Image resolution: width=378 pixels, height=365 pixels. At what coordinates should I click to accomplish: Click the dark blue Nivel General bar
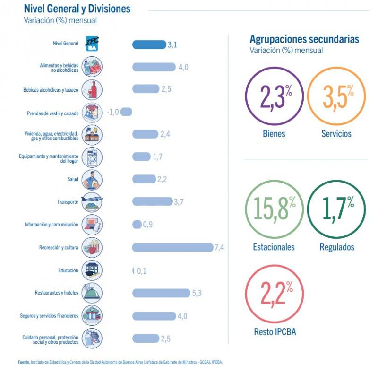[x=149, y=45]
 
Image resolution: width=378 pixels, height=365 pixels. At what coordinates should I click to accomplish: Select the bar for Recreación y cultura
[x=172, y=247]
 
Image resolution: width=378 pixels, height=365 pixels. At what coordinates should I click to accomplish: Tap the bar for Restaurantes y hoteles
[x=161, y=293]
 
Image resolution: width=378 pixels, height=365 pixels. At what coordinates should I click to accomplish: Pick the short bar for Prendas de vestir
[x=127, y=112]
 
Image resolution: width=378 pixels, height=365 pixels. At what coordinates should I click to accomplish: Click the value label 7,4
[x=219, y=247]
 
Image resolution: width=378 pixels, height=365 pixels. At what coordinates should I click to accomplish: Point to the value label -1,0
[x=112, y=112]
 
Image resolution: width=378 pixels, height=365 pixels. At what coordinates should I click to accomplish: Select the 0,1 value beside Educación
[x=142, y=270]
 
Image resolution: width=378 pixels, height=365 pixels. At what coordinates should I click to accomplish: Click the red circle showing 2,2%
[x=275, y=296]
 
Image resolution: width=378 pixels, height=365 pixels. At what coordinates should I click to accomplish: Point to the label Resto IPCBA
[x=275, y=332]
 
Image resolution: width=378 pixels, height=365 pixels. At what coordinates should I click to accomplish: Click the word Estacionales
[x=274, y=247]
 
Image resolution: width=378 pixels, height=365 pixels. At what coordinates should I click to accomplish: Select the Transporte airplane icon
[x=91, y=201]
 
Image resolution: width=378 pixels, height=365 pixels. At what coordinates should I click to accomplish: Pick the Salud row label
[x=73, y=180]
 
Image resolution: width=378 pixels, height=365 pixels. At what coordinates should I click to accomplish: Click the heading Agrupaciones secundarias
[x=304, y=39]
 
